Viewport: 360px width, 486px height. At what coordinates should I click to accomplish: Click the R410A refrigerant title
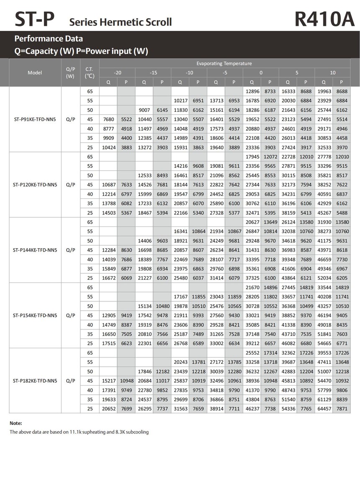coord(324,19)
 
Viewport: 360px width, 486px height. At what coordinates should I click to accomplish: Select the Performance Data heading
coord(49,39)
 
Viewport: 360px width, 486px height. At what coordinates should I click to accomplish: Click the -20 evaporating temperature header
coord(118,72)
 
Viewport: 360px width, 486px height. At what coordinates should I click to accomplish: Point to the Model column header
coord(35,72)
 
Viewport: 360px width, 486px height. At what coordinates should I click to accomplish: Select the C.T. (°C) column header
coord(90,72)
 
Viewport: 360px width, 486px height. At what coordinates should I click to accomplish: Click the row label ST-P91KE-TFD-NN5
coord(35,119)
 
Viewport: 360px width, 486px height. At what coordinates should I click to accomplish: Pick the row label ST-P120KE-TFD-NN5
coord(35,185)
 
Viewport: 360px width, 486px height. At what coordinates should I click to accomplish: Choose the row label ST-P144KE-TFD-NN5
coord(35,250)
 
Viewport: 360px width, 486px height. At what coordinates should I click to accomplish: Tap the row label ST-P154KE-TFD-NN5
coord(35,315)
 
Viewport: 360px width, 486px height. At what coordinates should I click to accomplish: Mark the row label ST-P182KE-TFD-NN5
coord(35,381)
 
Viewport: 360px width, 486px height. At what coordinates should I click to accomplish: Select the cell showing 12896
coord(252,91)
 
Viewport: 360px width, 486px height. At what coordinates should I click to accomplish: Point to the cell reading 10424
coord(108,147)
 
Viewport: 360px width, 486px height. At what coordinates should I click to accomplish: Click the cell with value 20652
coord(108,409)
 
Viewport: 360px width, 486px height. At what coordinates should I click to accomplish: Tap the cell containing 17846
coord(144,371)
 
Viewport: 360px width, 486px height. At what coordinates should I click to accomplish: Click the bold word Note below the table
coord(15,423)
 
